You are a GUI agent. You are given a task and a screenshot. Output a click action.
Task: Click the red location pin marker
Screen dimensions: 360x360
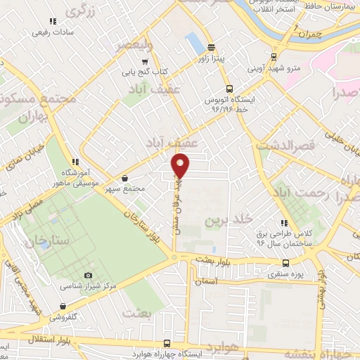pos(181,166)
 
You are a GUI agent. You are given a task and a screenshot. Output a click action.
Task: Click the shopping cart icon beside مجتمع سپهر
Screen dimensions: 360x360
pos(124,179)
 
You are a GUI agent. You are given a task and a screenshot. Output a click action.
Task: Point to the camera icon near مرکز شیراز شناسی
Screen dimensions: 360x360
pos(88,275)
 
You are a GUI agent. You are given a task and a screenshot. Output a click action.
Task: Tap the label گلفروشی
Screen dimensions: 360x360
pos(64,317)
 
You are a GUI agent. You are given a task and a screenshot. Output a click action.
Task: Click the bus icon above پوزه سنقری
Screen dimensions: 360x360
pos(285,263)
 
